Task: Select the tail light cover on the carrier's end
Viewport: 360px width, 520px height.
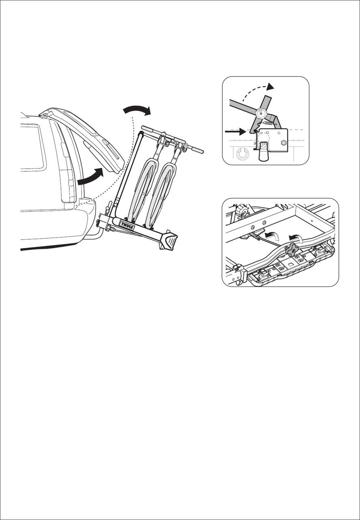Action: click(x=170, y=240)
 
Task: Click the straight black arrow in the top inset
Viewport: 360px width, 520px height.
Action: click(x=235, y=131)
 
